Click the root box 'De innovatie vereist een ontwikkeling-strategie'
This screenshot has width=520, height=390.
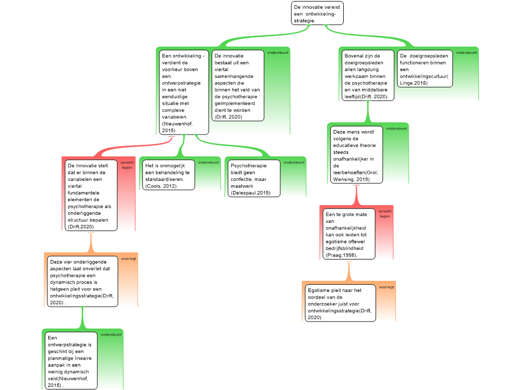[x=317, y=13]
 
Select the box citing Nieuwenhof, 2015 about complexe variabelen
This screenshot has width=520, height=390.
[x=184, y=92]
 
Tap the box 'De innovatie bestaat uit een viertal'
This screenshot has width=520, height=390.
[x=238, y=85]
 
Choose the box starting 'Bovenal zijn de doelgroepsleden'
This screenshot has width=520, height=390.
[x=368, y=75]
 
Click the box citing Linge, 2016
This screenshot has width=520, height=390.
[x=425, y=69]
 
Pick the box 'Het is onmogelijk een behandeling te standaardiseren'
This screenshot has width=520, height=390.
[x=169, y=175]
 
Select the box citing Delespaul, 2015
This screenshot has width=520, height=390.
[x=254, y=178]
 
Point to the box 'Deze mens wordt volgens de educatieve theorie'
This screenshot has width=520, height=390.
[x=356, y=155]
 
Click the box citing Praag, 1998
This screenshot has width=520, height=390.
[x=349, y=234]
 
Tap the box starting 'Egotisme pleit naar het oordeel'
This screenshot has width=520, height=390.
[x=341, y=303]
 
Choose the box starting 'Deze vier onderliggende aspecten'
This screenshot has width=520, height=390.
[x=83, y=281]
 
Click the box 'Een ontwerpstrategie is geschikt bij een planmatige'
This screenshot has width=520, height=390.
[x=71, y=361]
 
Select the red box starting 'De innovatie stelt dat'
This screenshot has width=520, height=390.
[x=91, y=196]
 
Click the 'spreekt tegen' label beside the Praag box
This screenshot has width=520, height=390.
[x=385, y=214]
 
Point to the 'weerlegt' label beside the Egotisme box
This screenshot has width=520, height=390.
[x=386, y=287]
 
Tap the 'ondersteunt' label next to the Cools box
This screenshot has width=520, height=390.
[x=209, y=162]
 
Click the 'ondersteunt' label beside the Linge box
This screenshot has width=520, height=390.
[x=466, y=53]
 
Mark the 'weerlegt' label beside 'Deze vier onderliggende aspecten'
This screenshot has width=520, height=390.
[x=128, y=258]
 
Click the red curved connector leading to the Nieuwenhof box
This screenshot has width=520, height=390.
[x=133, y=147]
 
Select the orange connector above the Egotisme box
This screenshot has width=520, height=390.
[x=348, y=271]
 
